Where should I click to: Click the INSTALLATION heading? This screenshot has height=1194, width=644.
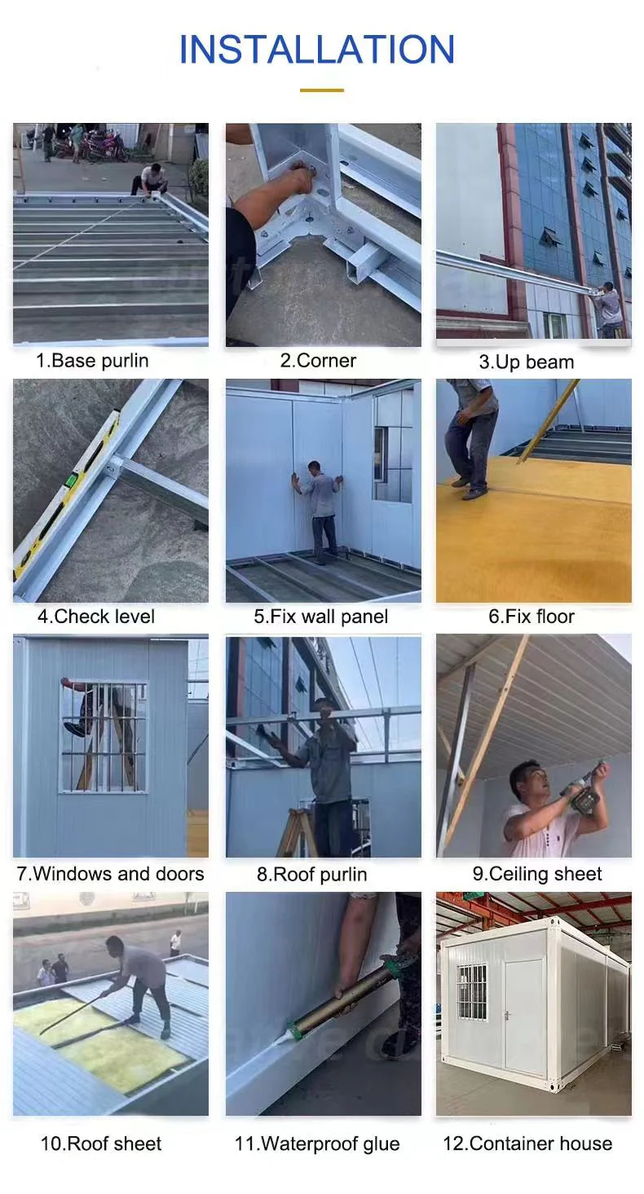(317, 49)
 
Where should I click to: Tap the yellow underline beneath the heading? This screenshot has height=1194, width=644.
(322, 90)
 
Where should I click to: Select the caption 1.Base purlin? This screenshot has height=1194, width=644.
(92, 361)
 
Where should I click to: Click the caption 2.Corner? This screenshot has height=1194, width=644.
(318, 361)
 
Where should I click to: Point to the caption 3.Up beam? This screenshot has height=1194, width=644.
(526, 362)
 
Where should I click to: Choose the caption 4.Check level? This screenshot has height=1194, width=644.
(96, 617)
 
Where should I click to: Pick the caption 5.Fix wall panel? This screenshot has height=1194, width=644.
(320, 617)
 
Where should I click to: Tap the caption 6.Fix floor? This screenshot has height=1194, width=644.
(532, 617)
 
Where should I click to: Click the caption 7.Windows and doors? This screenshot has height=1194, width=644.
(110, 874)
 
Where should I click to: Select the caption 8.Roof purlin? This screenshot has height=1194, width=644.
(312, 874)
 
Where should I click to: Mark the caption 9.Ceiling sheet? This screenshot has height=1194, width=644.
(536, 874)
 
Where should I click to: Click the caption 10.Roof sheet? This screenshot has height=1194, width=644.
(101, 1144)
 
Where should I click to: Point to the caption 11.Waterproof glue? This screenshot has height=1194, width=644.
(317, 1144)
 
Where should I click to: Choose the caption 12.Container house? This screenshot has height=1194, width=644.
(527, 1144)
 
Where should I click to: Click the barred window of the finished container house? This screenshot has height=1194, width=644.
(473, 992)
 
